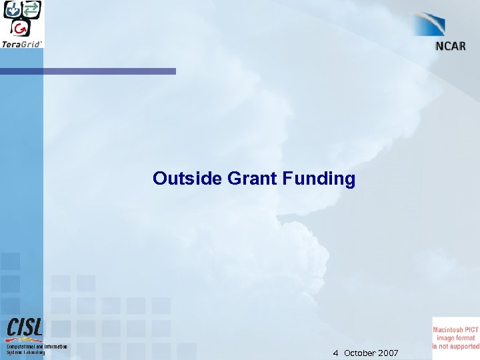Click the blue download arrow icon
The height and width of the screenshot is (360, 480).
(x=13, y=9)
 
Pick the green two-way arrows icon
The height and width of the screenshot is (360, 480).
(x=31, y=9)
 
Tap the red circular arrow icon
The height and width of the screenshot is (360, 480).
(x=22, y=28)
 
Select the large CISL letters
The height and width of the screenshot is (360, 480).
(x=25, y=327)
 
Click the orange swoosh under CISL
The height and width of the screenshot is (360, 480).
(x=25, y=340)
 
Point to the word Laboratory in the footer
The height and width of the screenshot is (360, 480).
(x=33, y=353)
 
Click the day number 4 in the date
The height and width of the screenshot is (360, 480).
(x=336, y=353)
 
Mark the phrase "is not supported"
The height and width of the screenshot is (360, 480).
(x=455, y=346)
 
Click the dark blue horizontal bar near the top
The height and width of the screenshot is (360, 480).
(x=87, y=71)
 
